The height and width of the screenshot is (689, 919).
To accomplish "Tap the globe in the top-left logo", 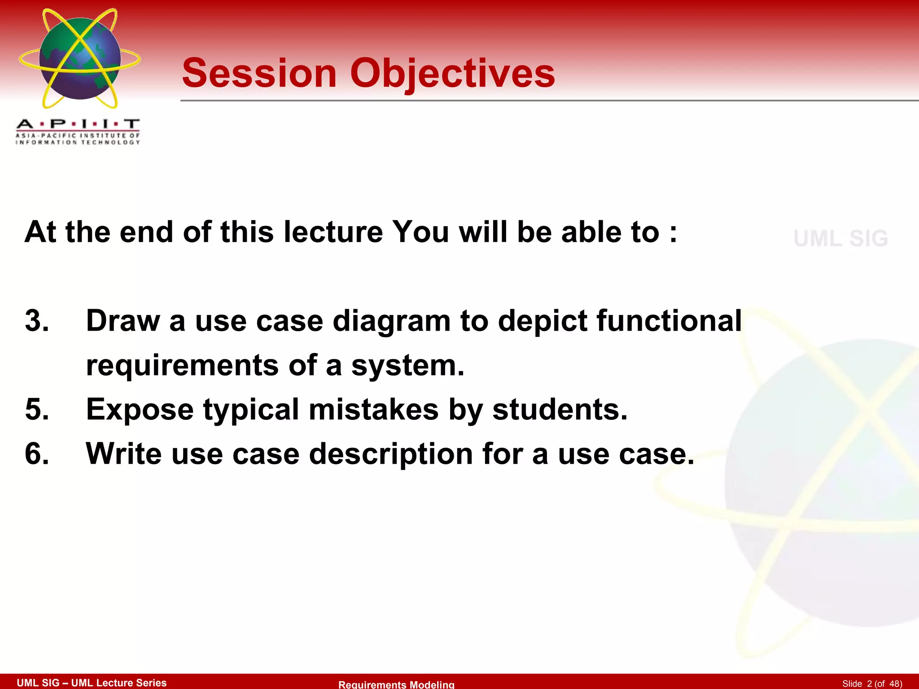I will (x=80, y=58).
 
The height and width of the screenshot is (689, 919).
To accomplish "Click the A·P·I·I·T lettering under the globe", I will (x=78, y=124).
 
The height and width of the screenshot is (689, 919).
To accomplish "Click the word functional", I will (x=669, y=321).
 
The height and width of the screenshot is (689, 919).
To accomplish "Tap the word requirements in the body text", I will (x=182, y=365).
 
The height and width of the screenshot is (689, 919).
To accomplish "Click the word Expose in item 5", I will (x=140, y=410).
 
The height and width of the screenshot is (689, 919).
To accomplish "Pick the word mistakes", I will (x=373, y=410).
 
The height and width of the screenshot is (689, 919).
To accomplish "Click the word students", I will (x=560, y=410).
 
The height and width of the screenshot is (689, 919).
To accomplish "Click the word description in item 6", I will (x=390, y=454).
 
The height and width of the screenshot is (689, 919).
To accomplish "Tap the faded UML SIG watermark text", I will (x=840, y=238).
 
